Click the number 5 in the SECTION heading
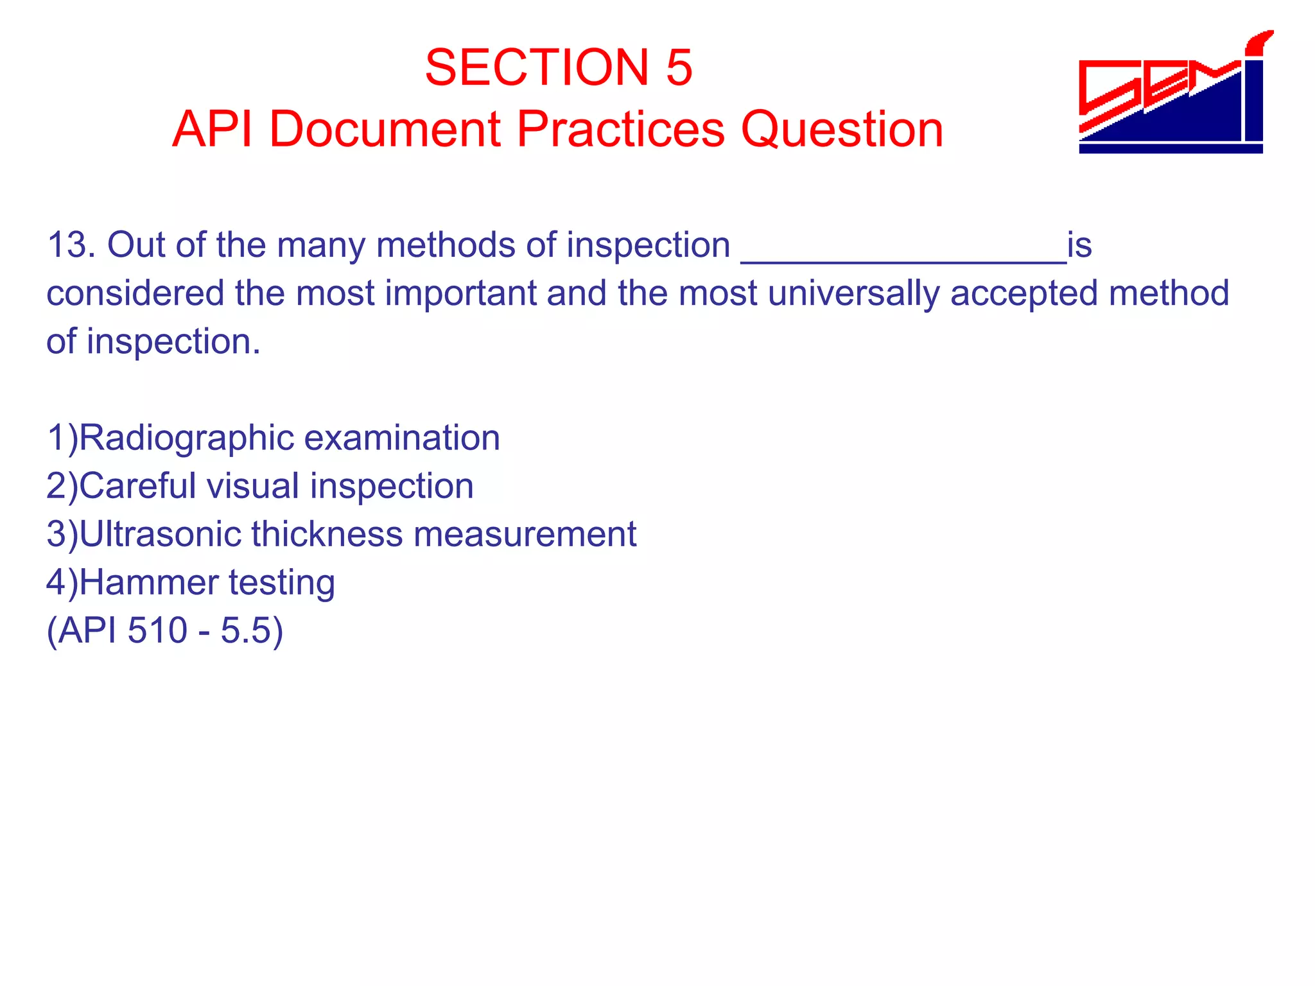click(x=679, y=67)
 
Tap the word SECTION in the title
click(x=537, y=67)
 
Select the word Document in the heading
click(x=384, y=129)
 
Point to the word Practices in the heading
click(x=620, y=129)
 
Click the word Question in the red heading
click(x=842, y=129)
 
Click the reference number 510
click(x=157, y=630)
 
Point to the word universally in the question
click(x=853, y=294)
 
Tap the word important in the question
click(x=460, y=293)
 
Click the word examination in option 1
click(x=401, y=438)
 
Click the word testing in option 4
click(x=282, y=583)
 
